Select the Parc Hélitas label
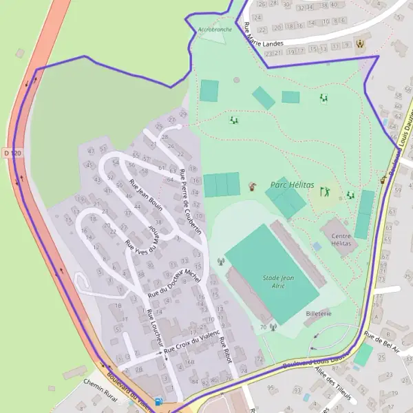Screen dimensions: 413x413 [x=292, y=185]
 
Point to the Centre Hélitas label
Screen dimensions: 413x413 [x=341, y=240]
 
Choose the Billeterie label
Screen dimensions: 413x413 [x=319, y=313]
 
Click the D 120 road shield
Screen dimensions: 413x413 [x=8, y=152]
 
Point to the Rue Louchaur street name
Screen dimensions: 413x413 [x=156, y=327]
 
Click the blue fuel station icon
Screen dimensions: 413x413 [x=160, y=402]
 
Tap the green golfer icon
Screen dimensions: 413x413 [x=325, y=191]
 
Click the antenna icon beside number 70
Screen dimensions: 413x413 [x=273, y=327]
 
